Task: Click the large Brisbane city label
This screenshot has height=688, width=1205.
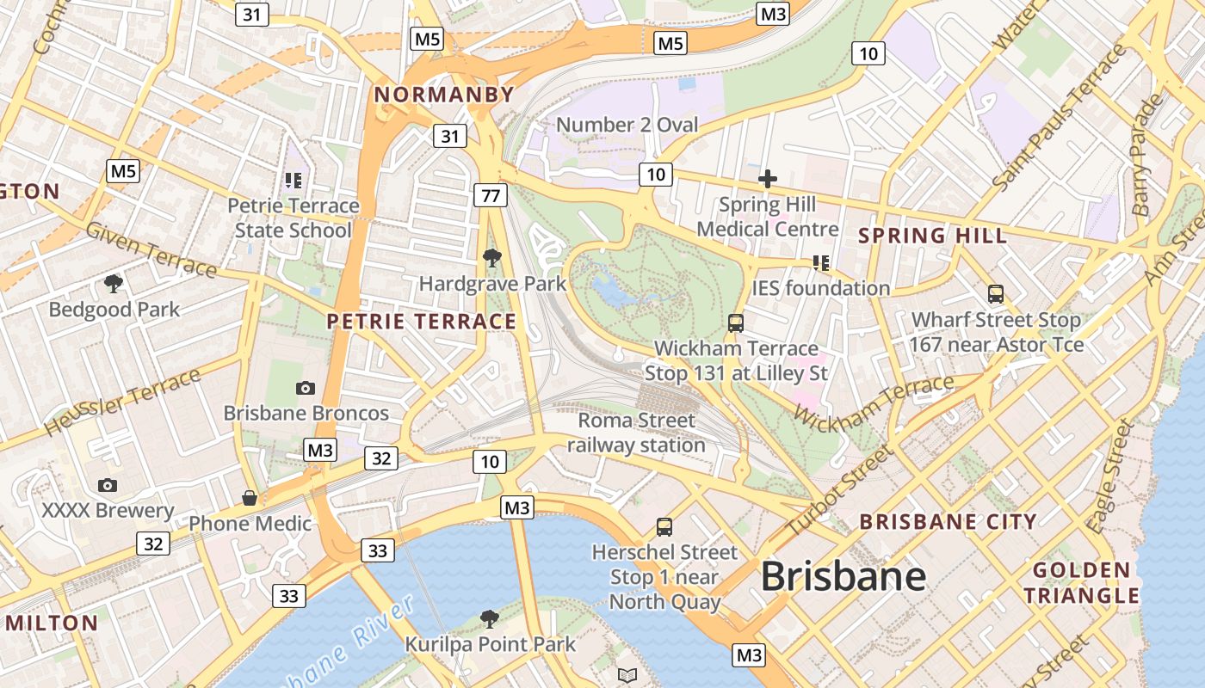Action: (843, 576)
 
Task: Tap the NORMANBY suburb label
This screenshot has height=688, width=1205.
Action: (445, 95)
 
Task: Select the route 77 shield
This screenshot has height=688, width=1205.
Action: (490, 195)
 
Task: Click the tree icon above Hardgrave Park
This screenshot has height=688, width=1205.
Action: (491, 257)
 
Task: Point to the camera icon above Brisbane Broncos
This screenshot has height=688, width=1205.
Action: (306, 388)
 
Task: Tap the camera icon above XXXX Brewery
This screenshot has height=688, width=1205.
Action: (108, 485)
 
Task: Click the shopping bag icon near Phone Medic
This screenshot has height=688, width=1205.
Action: (250, 498)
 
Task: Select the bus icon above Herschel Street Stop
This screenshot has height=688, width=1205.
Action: (664, 526)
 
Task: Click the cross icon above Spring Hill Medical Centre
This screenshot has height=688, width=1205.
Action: (767, 179)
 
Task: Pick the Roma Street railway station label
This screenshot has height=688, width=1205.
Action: (636, 433)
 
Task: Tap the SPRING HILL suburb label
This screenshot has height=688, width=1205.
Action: (932, 236)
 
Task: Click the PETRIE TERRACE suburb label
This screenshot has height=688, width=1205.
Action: (422, 322)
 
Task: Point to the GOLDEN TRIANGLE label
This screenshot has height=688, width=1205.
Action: (1082, 582)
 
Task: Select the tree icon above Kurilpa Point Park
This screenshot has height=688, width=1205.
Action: (489, 618)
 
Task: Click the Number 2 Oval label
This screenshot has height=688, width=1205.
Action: (627, 125)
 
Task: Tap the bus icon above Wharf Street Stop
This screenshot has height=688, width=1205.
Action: (996, 294)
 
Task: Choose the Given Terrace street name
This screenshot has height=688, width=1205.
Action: (151, 250)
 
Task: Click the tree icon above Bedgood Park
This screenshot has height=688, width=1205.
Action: (113, 284)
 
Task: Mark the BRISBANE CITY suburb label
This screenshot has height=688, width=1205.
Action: (948, 521)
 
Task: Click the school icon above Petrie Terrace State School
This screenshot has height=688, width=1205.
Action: (293, 181)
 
